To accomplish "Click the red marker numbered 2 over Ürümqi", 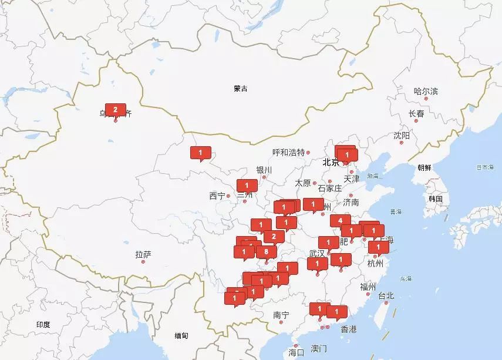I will pos(115,110).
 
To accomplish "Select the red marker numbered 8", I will pos(267,251).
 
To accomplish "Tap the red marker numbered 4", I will pos(340,221).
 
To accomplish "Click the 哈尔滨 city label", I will pos(426,92).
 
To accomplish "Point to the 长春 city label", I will pos(416,113).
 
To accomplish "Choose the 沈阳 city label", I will pos(402,136).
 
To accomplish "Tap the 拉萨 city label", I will pos(143,254).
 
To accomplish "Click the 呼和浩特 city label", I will pos(289,152).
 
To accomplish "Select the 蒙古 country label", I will pos(240,89).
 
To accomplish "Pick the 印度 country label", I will pos(43,324).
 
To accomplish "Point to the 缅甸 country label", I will pos(181,335).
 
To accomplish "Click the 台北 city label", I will pos(386,295).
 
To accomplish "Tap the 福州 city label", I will pos(368,287).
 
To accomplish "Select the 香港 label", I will pos(348,329).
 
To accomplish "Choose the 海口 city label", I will pos(297,352).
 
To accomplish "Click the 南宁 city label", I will pos(281,315).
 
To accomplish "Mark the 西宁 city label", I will pos(217,196).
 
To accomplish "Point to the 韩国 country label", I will pos(435,198).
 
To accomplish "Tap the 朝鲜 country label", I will pos(424,167).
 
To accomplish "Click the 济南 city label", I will pos(351,202).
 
